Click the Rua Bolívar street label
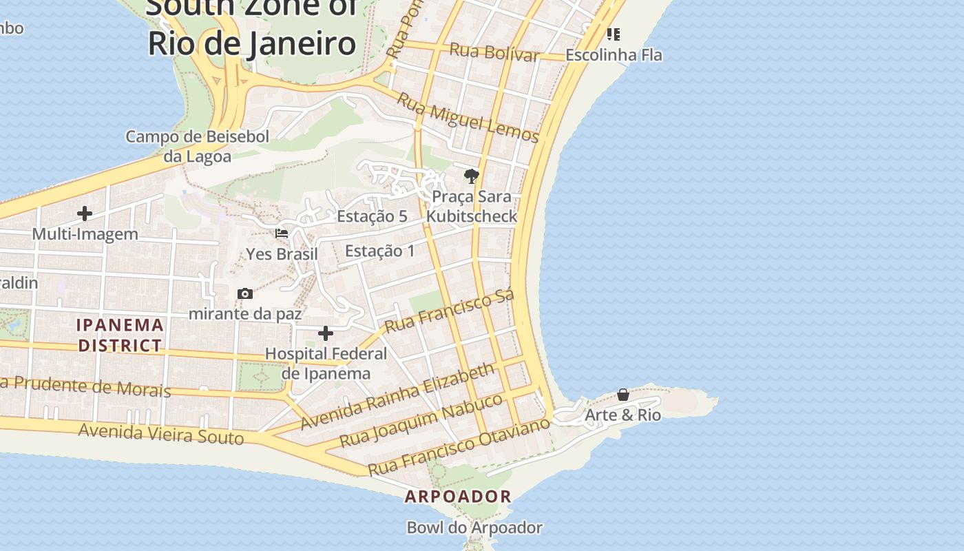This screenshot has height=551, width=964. coord(494,52)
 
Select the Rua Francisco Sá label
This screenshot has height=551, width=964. coord(450,311)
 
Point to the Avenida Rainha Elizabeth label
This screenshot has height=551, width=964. coord(397,396)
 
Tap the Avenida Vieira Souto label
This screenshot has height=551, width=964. coord(161,434)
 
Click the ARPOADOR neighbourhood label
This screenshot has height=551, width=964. coord(458,496)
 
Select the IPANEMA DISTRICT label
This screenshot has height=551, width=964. coord(120,335)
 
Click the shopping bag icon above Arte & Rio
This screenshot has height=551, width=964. coord(623,395)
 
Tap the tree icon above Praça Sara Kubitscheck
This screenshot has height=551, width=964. coord(471,177)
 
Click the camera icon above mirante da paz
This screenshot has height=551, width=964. coord(244,294)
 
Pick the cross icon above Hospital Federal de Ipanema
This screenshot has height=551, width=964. coord(326,334)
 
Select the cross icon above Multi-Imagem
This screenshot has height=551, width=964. coord(85,214)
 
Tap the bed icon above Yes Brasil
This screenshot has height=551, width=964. coord(282,233)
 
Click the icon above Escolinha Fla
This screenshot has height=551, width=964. coord(614,34)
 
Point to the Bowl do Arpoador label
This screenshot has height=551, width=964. coord(474,528)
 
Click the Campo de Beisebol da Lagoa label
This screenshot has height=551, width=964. coord(197,146)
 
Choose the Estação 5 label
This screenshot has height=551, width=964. coord(372,216)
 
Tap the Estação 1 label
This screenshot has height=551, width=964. coord(380,251)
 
